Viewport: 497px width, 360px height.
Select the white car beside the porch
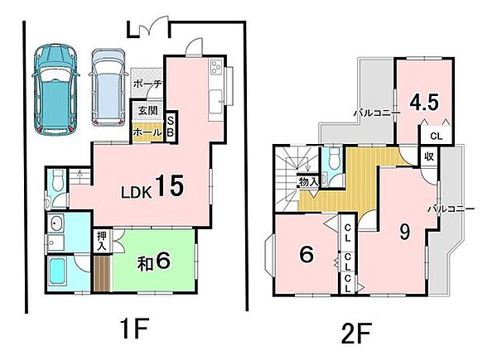coord(107,88)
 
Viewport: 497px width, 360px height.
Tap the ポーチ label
coord(147,84)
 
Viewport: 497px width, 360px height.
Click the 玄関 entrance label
coord(147,111)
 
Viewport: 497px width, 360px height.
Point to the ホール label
coord(147,132)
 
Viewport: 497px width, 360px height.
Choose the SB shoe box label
coord(171,127)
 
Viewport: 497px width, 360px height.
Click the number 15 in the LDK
coord(169,186)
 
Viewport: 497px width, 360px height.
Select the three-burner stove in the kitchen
coord(216,67)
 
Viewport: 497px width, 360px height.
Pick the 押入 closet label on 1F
coord(103,241)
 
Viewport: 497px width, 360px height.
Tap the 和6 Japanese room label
coord(154,262)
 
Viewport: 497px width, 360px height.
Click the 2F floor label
coord(355,333)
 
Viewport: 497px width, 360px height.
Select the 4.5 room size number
coord(424,103)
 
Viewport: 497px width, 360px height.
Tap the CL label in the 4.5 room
coord(436,137)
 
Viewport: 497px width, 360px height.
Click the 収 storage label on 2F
coord(429,156)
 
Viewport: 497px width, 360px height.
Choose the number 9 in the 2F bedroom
coord(404,232)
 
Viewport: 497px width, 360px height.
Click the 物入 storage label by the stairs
coord(309,182)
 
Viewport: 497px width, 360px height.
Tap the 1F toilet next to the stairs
coord(58,180)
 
